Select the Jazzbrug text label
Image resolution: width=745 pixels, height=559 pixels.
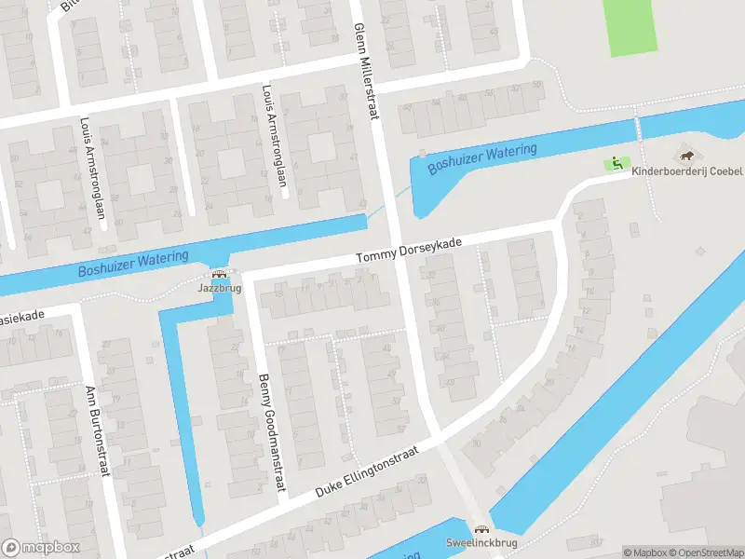pyautogui.click(x=219, y=289)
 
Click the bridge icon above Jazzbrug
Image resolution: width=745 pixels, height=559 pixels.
pyautogui.click(x=220, y=275)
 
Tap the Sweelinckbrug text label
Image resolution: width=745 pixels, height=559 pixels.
pyautogui.click(x=481, y=541)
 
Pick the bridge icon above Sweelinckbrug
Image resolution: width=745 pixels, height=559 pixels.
pyautogui.click(x=481, y=527)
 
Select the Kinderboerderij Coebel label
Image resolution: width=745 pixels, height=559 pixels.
pyautogui.click(x=687, y=171)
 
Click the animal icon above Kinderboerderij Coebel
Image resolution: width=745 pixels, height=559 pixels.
pyautogui.click(x=687, y=156)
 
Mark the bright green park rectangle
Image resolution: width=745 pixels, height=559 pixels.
pyautogui.click(x=630, y=27)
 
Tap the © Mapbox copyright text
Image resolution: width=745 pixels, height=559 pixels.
pyautogui.click(x=645, y=552)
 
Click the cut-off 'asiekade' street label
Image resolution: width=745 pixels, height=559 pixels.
pyautogui.click(x=20, y=318)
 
